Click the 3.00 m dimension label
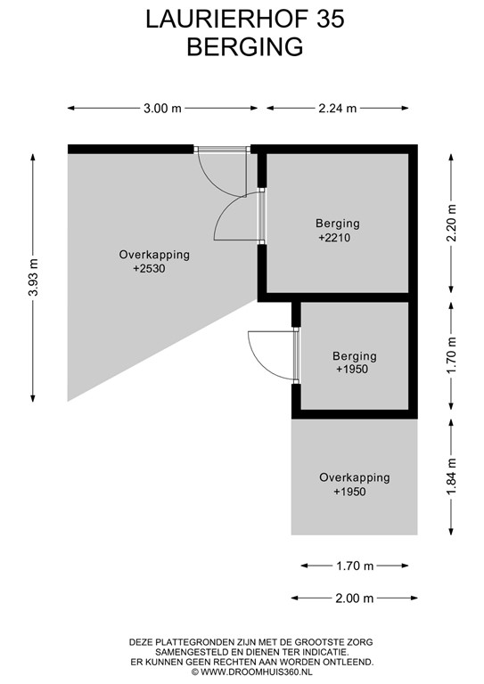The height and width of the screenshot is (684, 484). (x=162, y=109)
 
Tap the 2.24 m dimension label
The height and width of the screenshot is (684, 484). (x=338, y=109)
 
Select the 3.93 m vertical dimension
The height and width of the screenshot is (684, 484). (x=35, y=276)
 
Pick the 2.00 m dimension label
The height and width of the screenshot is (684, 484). (x=354, y=598)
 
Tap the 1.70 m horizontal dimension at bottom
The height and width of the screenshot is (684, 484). (x=354, y=566)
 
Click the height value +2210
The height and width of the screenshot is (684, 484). (x=337, y=239)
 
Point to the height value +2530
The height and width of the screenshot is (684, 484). (x=151, y=268)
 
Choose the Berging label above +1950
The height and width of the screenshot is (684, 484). (x=354, y=356)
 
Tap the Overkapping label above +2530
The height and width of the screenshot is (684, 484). (x=154, y=255)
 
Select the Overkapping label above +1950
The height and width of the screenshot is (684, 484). (x=354, y=478)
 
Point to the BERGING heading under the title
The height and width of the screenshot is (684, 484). (x=244, y=47)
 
